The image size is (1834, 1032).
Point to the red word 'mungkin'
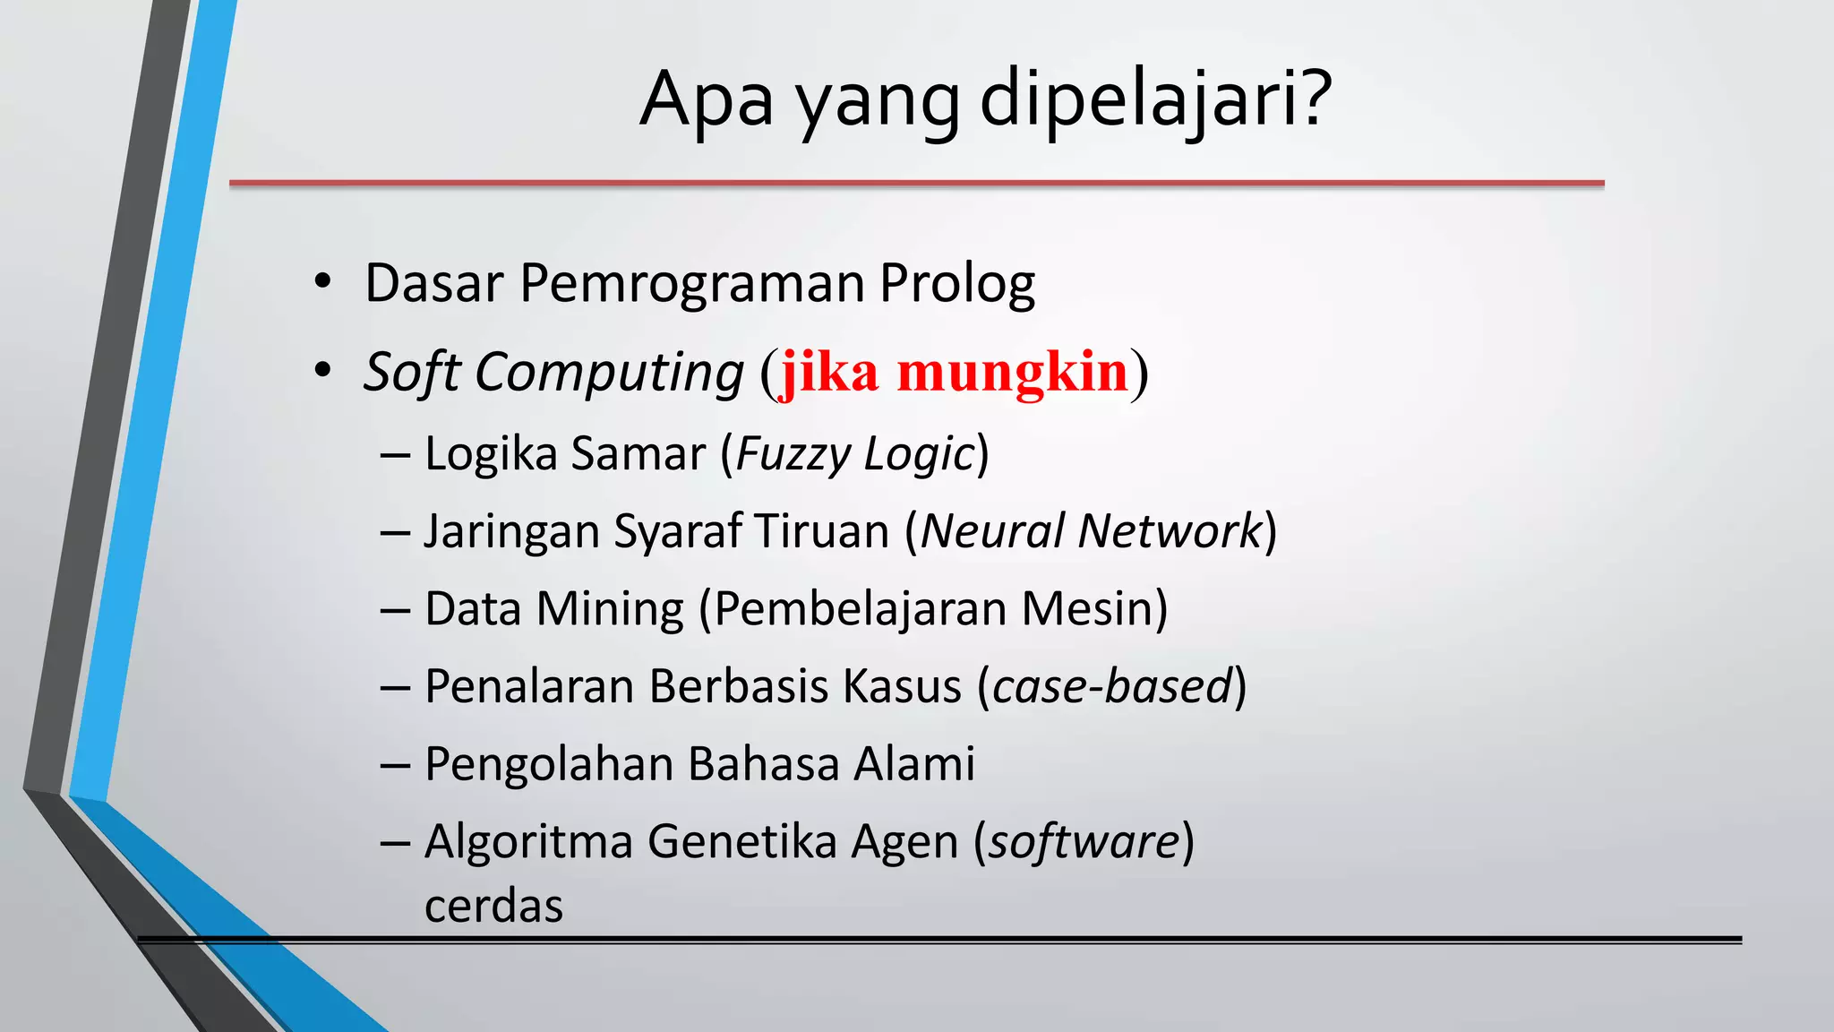[1012, 372]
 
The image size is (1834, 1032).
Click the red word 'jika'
[829, 372]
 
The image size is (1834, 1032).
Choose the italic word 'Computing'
[609, 372]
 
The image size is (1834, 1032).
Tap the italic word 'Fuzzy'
[792, 454]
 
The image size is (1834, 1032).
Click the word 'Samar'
[638, 453]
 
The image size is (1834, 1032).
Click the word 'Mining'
[609, 609]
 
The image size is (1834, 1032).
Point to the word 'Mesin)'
[1094, 609]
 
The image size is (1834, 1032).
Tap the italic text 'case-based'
[1112, 687]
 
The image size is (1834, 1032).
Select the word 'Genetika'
[741, 842]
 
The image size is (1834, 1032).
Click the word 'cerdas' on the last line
[493, 906]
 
